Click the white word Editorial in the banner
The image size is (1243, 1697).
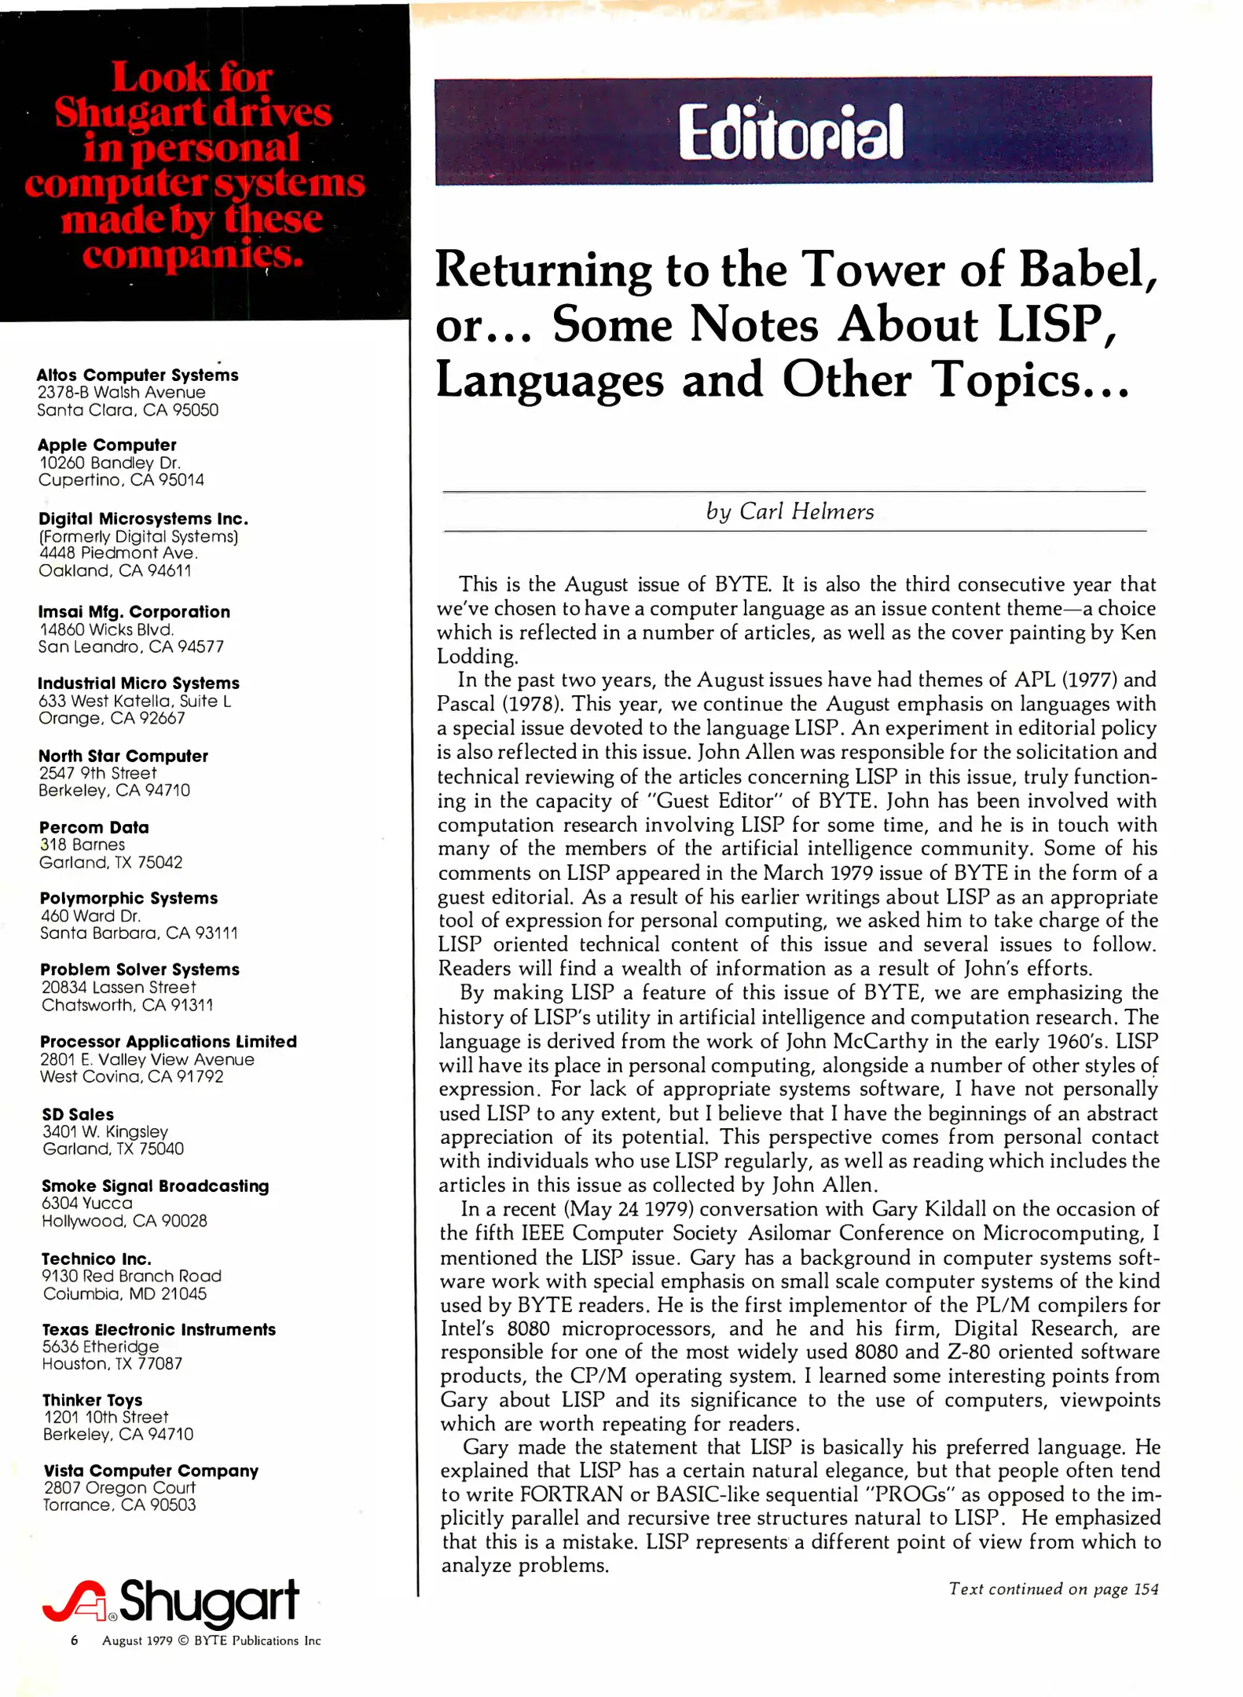[790, 132]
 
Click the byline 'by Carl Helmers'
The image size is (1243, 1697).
[790, 511]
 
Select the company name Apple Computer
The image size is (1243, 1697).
[107, 445]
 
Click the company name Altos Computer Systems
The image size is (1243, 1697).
[137, 375]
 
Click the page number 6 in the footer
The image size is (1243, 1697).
[75, 1640]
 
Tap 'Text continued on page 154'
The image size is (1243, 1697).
[1053, 1589]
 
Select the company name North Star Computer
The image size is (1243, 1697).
[123, 756]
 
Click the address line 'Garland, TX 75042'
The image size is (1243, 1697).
[111, 862]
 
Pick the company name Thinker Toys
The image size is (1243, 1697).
[93, 1400]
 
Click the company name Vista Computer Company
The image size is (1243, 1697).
[151, 1470]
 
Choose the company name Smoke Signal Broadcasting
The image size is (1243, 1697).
[155, 1186]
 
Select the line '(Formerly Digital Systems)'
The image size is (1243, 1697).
[138, 536]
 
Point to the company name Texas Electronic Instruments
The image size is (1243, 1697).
[159, 1329]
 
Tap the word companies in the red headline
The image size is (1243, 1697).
[192, 254]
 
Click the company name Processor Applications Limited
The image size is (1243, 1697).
[168, 1041]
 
